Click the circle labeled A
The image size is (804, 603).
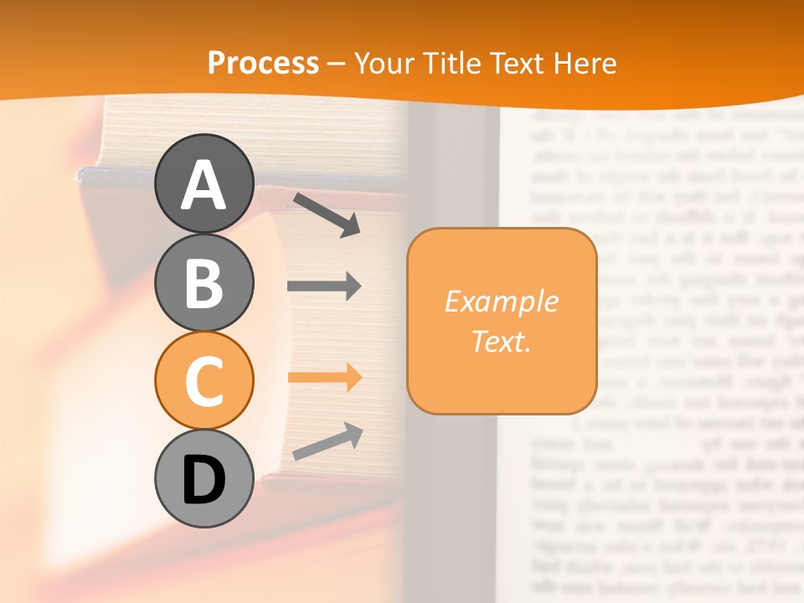204,183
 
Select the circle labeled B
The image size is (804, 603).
204,282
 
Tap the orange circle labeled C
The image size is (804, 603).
204,380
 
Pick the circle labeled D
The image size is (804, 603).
204,479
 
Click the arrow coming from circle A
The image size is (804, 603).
327,214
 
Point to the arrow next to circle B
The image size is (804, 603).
324,286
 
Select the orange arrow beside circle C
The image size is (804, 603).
324,378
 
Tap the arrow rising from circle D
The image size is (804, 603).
327,441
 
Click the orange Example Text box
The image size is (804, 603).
502,321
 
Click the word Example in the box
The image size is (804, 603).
502,301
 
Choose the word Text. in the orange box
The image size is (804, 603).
502,341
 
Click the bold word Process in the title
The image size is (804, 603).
263,63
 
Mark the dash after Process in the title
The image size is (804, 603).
337,64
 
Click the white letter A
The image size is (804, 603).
204,183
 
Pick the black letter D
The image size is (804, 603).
204,480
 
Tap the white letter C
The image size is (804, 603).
204,381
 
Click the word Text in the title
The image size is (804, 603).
518,63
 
